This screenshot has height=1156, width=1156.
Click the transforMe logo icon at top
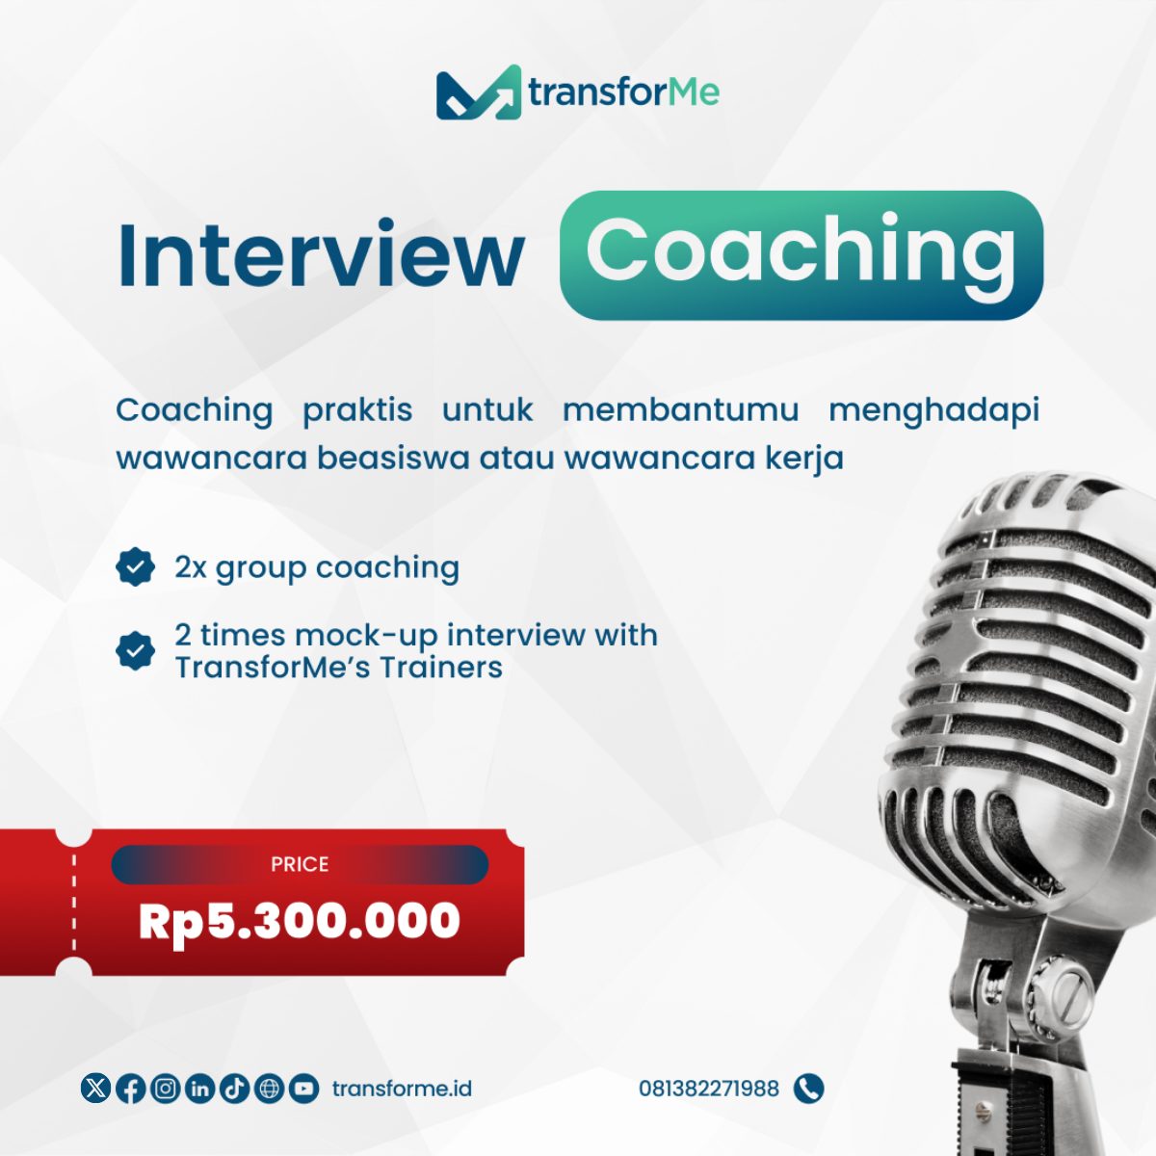(x=478, y=92)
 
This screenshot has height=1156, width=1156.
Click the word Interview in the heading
(x=321, y=254)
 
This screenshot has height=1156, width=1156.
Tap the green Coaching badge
(x=801, y=255)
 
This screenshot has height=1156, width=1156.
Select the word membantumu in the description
(x=681, y=410)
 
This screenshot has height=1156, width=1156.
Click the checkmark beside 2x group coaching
(x=135, y=566)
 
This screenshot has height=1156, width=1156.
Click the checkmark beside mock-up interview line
(x=135, y=651)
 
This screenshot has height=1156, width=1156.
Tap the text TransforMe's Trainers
(x=338, y=668)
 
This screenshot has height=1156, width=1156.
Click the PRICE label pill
(x=300, y=864)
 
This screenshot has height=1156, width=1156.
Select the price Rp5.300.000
(x=300, y=922)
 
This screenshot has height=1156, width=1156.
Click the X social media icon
(x=95, y=1089)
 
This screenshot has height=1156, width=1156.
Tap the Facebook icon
(x=130, y=1089)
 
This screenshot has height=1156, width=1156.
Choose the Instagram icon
(x=165, y=1089)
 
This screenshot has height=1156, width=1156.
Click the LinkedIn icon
(x=199, y=1089)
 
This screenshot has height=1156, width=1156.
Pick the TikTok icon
(x=234, y=1089)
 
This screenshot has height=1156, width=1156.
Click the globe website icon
(x=270, y=1089)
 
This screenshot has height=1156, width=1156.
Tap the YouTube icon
(x=304, y=1089)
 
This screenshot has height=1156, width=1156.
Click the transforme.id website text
(x=402, y=1089)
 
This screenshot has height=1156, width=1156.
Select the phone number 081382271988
(x=708, y=1089)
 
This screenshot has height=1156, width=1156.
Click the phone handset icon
(x=808, y=1089)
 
